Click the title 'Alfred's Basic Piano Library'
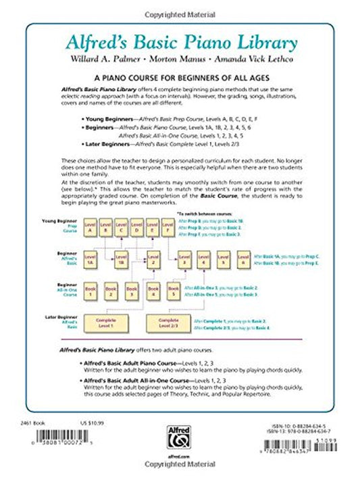tap(179, 42)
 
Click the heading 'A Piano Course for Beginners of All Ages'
tap(180, 79)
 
